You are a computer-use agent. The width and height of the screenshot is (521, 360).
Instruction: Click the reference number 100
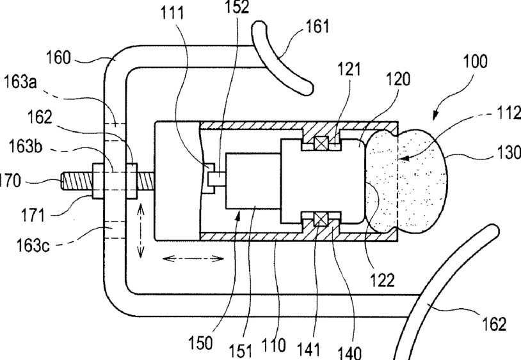click(x=475, y=61)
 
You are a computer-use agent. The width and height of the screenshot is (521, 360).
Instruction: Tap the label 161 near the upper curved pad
click(x=317, y=26)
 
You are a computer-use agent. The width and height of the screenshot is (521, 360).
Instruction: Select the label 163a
click(x=20, y=82)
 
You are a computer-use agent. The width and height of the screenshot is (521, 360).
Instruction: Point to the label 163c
click(x=33, y=246)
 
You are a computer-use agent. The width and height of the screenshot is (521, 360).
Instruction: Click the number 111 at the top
click(x=172, y=13)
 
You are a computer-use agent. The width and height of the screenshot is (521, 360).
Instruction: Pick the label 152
click(x=237, y=7)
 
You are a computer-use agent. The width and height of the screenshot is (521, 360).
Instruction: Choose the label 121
click(x=349, y=69)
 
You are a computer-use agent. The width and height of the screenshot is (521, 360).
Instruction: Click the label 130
click(x=509, y=153)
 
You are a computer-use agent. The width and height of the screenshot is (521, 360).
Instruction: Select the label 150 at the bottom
click(x=200, y=343)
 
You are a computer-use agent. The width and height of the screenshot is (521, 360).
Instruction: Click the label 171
click(x=33, y=215)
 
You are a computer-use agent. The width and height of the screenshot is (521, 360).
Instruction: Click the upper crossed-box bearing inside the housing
click(x=321, y=144)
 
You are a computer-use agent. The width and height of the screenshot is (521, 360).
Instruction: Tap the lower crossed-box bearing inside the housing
click(x=321, y=219)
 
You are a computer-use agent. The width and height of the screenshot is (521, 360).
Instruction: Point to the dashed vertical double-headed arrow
click(x=141, y=231)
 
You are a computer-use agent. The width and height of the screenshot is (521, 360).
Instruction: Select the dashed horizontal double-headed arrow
click(x=193, y=258)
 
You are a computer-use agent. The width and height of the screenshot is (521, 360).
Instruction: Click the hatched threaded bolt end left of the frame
click(x=77, y=181)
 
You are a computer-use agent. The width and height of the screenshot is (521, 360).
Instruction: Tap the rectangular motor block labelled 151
click(x=253, y=181)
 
